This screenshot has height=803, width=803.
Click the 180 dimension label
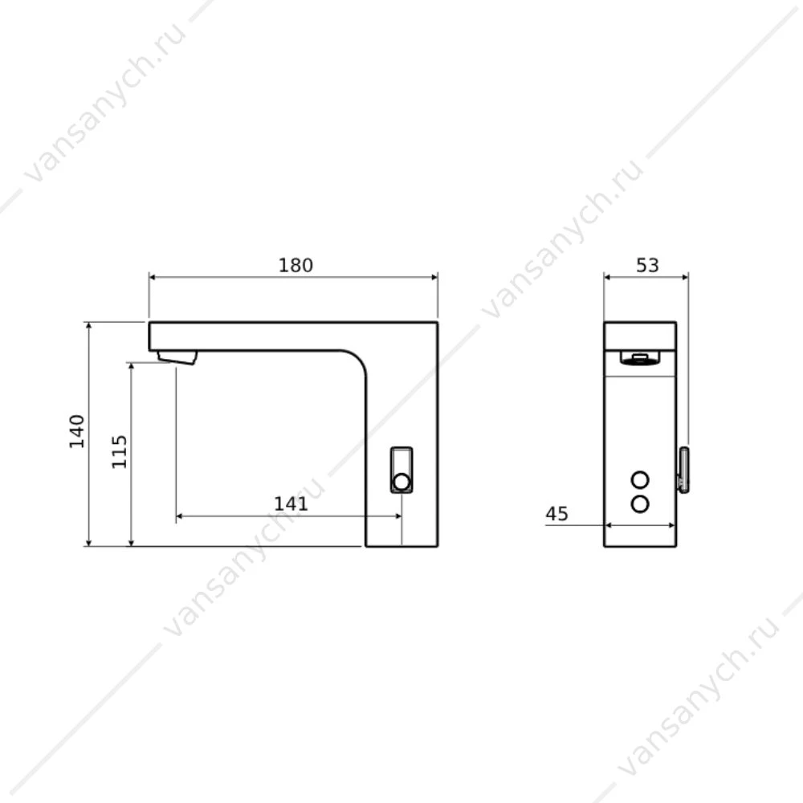click(x=296, y=265)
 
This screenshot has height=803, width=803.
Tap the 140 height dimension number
click(x=77, y=431)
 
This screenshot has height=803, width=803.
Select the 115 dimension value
click(x=120, y=451)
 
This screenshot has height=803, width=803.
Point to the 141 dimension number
click(x=291, y=504)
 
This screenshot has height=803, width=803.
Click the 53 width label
click(x=647, y=265)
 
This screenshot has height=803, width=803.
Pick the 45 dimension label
click(x=556, y=514)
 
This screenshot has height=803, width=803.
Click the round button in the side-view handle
click(x=401, y=482)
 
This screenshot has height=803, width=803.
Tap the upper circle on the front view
click(x=640, y=480)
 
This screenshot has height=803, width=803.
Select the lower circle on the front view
click(x=640, y=504)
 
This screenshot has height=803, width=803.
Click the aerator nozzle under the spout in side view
click(x=177, y=357)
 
